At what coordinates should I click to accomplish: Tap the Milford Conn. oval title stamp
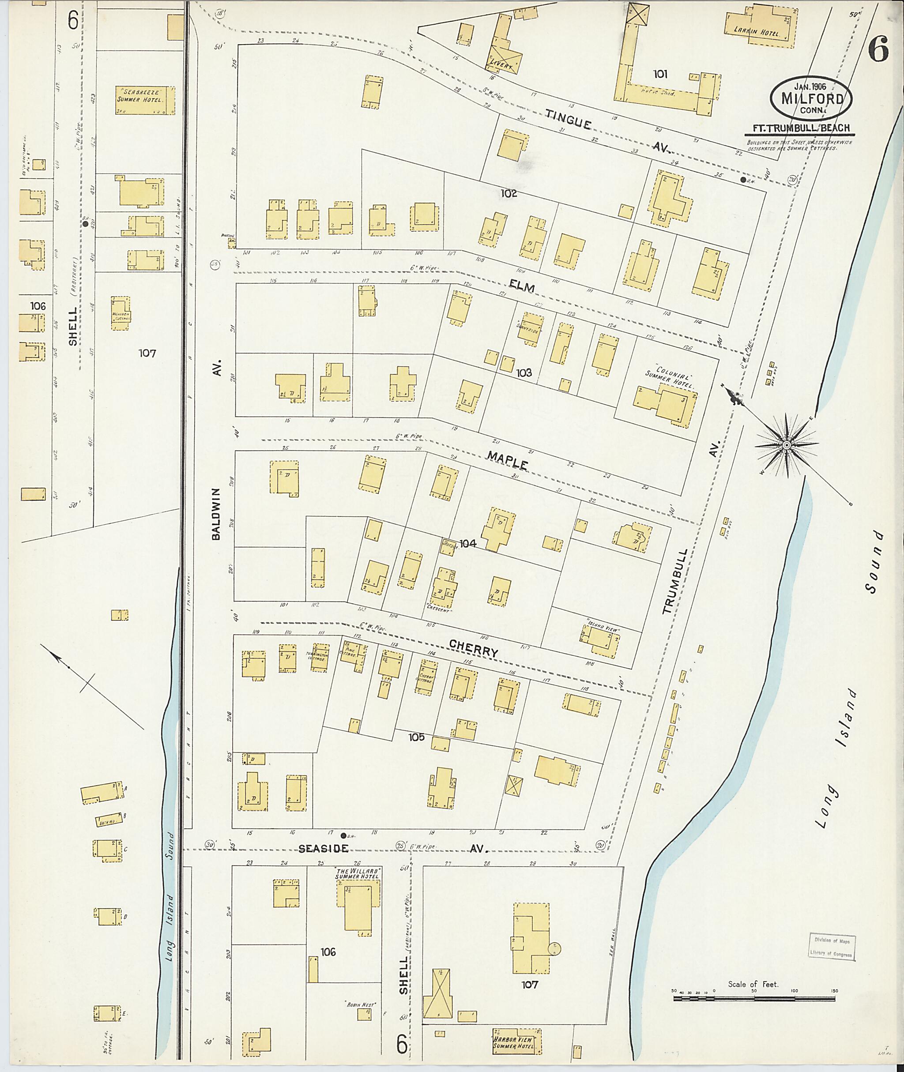[812, 98]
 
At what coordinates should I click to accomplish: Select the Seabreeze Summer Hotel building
[144, 100]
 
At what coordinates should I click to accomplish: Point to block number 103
[524, 372]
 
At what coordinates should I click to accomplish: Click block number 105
[416, 737]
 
